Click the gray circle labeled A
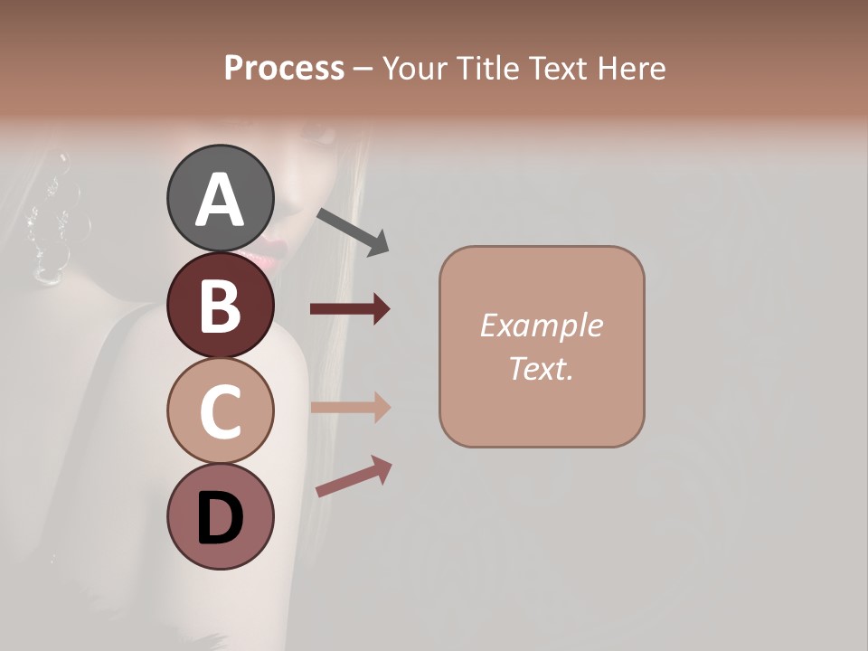pyautogui.click(x=220, y=198)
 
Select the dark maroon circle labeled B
pyautogui.click(x=220, y=305)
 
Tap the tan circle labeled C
pyautogui.click(x=220, y=410)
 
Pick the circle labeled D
pyautogui.click(x=220, y=517)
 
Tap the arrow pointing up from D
pyautogui.click(x=354, y=477)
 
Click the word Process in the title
pyautogui.click(x=284, y=68)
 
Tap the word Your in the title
pyautogui.click(x=415, y=68)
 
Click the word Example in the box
pyautogui.click(x=541, y=325)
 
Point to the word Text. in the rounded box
pyautogui.click(x=541, y=368)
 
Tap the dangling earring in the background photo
pyautogui.click(x=50, y=217)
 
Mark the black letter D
pyautogui.click(x=220, y=519)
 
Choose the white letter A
pyautogui.click(x=220, y=200)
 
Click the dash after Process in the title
pyautogui.click(x=363, y=69)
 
